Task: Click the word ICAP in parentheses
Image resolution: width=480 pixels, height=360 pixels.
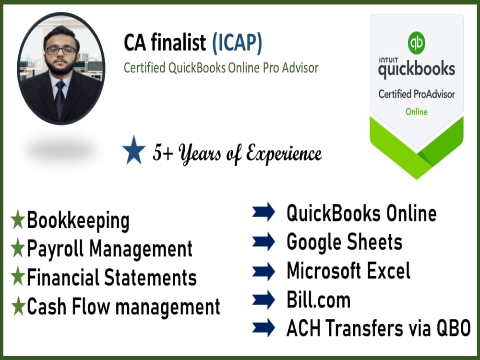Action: [237, 44]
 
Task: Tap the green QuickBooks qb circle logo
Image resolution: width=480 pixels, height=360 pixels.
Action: [416, 42]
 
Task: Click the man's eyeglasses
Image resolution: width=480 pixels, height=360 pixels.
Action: [60, 50]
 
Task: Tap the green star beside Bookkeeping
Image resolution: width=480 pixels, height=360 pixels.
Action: [18, 221]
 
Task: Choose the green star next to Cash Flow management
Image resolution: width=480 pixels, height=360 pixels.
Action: [18, 306]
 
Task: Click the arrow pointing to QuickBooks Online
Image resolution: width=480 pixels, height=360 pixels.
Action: [264, 213]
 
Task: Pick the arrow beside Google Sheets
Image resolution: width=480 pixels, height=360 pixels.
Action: [264, 242]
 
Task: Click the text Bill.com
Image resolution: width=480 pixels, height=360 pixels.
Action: [318, 300]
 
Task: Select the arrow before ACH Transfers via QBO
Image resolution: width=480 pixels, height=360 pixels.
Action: [264, 329]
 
